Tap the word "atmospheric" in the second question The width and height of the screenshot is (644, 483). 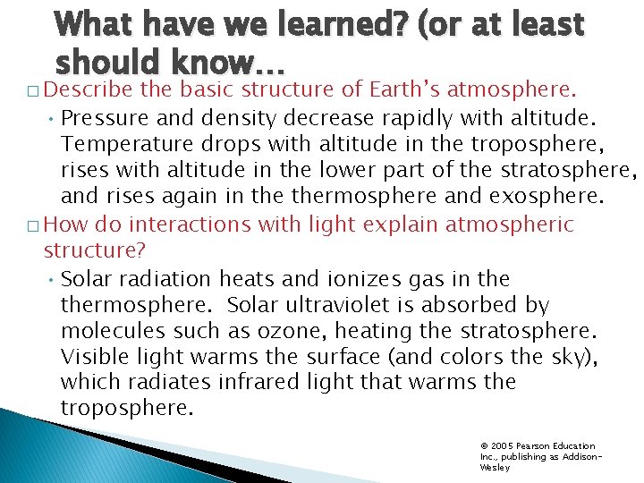click(x=512, y=225)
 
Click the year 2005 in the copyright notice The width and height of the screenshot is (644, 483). click(x=502, y=445)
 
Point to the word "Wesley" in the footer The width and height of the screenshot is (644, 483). click(x=495, y=467)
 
